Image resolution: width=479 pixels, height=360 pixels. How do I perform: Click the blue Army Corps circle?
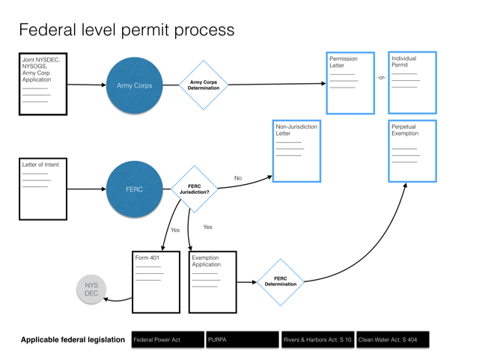point(135,85)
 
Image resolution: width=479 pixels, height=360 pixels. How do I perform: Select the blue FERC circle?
point(135,189)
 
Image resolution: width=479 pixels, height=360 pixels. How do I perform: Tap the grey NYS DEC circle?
point(91,289)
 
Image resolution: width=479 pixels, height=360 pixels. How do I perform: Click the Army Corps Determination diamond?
point(204,85)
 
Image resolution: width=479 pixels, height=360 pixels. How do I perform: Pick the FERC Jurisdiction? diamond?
point(194,189)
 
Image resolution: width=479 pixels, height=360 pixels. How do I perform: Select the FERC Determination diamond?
point(281,282)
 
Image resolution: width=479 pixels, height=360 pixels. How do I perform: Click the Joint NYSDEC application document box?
point(43,84)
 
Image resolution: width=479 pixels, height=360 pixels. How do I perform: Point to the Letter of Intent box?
point(43,189)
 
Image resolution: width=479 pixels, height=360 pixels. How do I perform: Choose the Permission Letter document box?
point(350,83)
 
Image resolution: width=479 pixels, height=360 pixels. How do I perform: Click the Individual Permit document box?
point(412,82)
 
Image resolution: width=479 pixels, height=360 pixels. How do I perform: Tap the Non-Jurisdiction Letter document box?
point(297,150)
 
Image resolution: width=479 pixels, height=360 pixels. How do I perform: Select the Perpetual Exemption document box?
point(412,150)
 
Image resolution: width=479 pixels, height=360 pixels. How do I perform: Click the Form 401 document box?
point(156,281)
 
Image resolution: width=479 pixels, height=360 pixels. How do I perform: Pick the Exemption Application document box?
point(213,281)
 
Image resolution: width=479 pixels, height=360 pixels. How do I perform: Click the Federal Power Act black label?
point(167,340)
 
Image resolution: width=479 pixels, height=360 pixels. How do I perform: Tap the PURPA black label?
point(242,340)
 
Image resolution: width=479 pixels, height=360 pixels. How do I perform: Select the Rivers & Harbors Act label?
point(317,340)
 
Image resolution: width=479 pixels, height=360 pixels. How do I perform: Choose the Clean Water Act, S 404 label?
point(391,340)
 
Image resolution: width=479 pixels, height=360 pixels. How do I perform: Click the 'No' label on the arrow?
point(238,178)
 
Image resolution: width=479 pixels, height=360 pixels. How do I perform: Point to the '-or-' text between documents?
point(382,77)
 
